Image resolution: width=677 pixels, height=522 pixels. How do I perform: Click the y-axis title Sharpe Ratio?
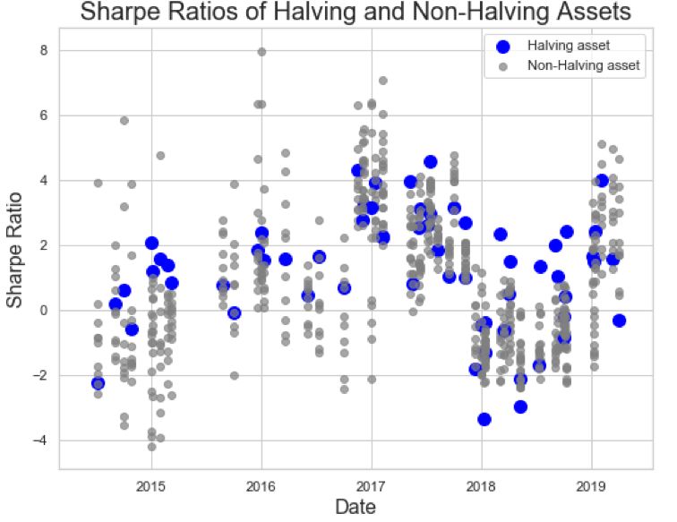(14, 250)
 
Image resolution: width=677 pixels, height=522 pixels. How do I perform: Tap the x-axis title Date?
(356, 507)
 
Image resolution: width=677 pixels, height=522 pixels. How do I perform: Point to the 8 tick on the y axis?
(44, 50)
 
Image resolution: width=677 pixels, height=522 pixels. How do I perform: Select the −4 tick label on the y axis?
(40, 441)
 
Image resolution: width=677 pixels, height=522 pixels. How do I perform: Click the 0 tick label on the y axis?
(44, 311)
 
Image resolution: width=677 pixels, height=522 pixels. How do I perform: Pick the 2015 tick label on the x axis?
(151, 486)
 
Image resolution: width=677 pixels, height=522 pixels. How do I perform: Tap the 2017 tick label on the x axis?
(372, 486)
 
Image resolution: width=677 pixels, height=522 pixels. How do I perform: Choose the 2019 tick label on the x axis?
(591, 486)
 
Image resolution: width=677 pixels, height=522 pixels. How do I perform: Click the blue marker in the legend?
(502, 47)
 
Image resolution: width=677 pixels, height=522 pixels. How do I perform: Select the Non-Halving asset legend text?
(584, 65)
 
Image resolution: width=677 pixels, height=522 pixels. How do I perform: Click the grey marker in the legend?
(502, 66)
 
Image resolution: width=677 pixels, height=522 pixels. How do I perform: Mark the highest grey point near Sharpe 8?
(261, 52)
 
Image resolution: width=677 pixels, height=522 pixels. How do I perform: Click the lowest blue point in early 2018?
(484, 419)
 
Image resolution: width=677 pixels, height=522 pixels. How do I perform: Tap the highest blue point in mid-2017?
(430, 162)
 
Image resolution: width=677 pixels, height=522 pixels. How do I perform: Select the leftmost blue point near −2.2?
(98, 383)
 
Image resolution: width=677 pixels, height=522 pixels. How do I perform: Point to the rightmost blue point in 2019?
(619, 321)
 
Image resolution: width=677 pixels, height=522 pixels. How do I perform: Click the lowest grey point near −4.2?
(151, 447)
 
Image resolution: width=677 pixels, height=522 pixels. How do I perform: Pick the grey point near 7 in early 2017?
(383, 81)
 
